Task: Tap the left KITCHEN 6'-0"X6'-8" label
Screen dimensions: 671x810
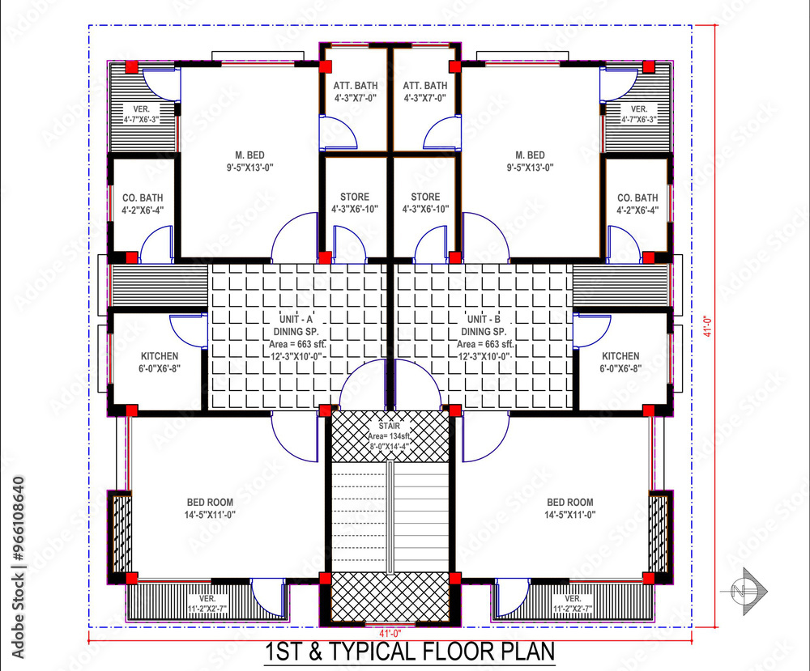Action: [160, 362]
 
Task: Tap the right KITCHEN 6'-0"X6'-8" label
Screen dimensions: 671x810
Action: [620, 362]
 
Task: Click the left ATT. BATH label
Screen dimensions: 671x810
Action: [354, 91]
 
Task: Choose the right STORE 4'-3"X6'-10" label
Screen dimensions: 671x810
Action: [425, 202]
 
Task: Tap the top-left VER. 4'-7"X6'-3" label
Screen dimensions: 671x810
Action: [142, 114]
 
